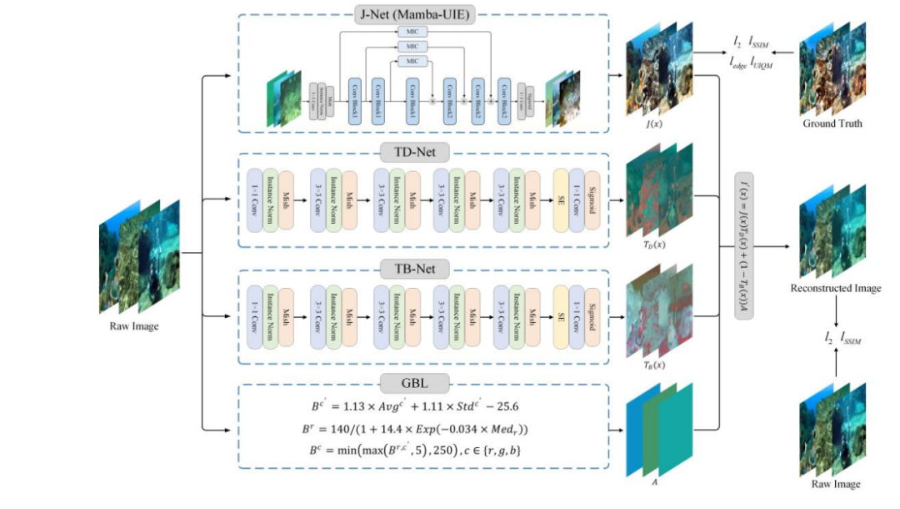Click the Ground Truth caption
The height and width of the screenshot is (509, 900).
(x=832, y=123)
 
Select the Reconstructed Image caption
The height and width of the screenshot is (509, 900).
(x=836, y=289)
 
